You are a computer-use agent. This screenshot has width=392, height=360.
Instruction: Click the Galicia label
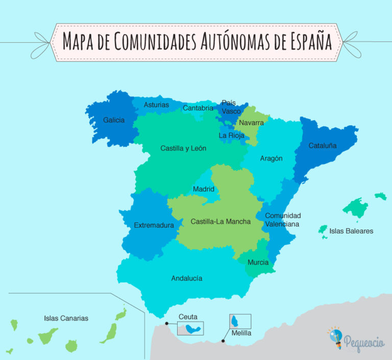[113, 120]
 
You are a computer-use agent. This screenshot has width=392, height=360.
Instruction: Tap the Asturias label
[156, 105]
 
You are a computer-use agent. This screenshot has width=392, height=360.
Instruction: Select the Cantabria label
[198, 108]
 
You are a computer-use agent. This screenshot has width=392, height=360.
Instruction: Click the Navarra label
[251, 123]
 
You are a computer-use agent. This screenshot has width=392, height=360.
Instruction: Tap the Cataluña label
[323, 145]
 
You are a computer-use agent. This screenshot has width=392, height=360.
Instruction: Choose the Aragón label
[271, 159]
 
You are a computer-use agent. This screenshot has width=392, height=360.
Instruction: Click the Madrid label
[204, 189]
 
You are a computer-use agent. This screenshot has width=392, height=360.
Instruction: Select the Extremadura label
[154, 225]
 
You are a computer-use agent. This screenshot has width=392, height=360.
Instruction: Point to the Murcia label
[258, 263]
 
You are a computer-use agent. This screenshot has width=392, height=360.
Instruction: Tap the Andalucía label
[187, 278]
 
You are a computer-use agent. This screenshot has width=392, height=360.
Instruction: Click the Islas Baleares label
[351, 231]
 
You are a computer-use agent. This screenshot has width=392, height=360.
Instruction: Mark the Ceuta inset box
[190, 328]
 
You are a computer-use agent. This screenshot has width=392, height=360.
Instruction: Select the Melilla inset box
[240, 321]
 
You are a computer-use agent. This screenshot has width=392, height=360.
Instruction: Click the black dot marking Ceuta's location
[167, 323]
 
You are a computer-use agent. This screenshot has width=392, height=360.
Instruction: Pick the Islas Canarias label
[66, 318]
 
